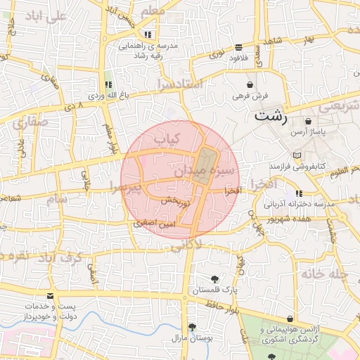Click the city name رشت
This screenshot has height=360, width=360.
271,116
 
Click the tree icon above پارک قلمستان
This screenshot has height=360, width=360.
214,278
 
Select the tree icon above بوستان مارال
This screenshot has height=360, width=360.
191,327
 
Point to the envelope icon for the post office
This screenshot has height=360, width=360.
49,297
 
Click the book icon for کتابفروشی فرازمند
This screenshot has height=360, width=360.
297,155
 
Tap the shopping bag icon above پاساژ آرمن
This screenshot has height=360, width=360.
307,122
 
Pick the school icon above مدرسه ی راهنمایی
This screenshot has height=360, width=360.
147,34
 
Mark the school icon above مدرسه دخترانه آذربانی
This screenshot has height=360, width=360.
298,193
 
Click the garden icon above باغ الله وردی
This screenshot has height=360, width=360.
108,84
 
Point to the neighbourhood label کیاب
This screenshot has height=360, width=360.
168,139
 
